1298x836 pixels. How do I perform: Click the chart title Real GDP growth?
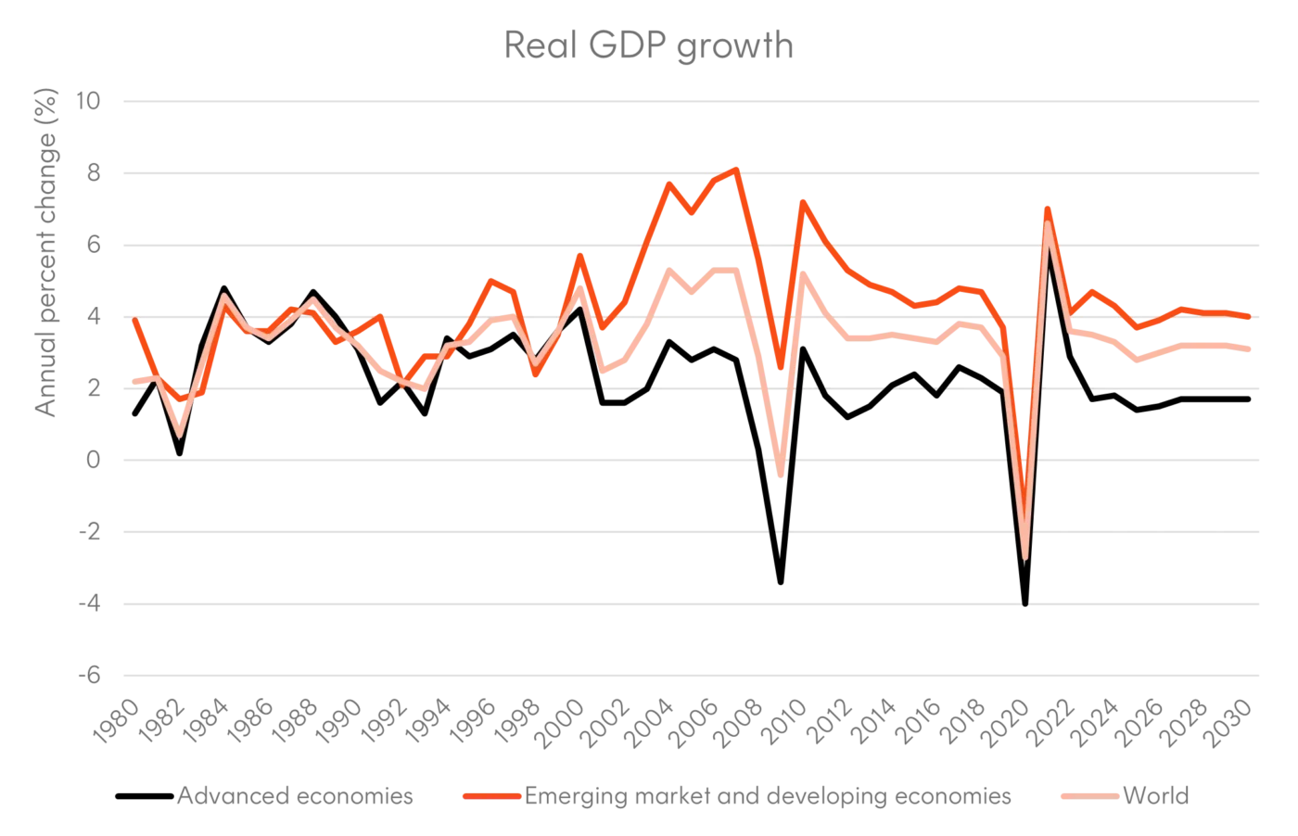click(x=648, y=45)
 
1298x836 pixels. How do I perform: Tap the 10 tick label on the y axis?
click(x=94, y=100)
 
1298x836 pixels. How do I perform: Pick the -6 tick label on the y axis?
click(x=94, y=675)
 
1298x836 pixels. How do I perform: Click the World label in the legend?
click(x=1153, y=795)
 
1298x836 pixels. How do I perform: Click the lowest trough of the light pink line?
click(x=1025, y=557)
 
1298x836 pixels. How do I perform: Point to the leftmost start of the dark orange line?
click(x=135, y=320)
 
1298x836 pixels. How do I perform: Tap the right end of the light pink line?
click(x=1252, y=349)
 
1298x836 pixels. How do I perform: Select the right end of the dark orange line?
click(x=1252, y=317)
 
